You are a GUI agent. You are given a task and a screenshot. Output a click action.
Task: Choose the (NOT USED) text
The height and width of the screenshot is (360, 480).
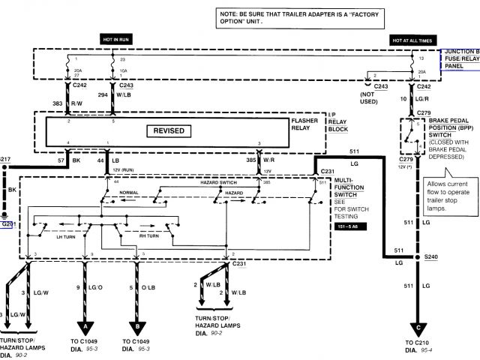[x=367, y=103]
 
